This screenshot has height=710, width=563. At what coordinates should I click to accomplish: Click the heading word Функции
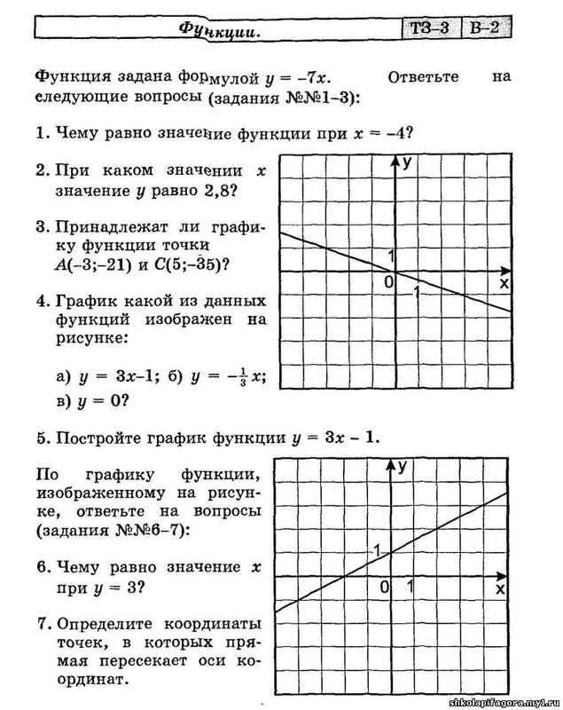[x=218, y=28]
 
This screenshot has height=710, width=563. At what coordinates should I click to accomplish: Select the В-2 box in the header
[x=485, y=27]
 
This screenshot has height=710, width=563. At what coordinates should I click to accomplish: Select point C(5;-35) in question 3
[x=192, y=264]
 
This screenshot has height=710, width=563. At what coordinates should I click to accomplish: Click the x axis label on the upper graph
[x=503, y=283]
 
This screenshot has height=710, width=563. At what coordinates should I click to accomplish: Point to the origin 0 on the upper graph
[x=387, y=282]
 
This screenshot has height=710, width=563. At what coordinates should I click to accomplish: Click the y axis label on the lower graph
[x=403, y=465]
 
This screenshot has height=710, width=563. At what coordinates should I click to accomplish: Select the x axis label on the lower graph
[x=500, y=588]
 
